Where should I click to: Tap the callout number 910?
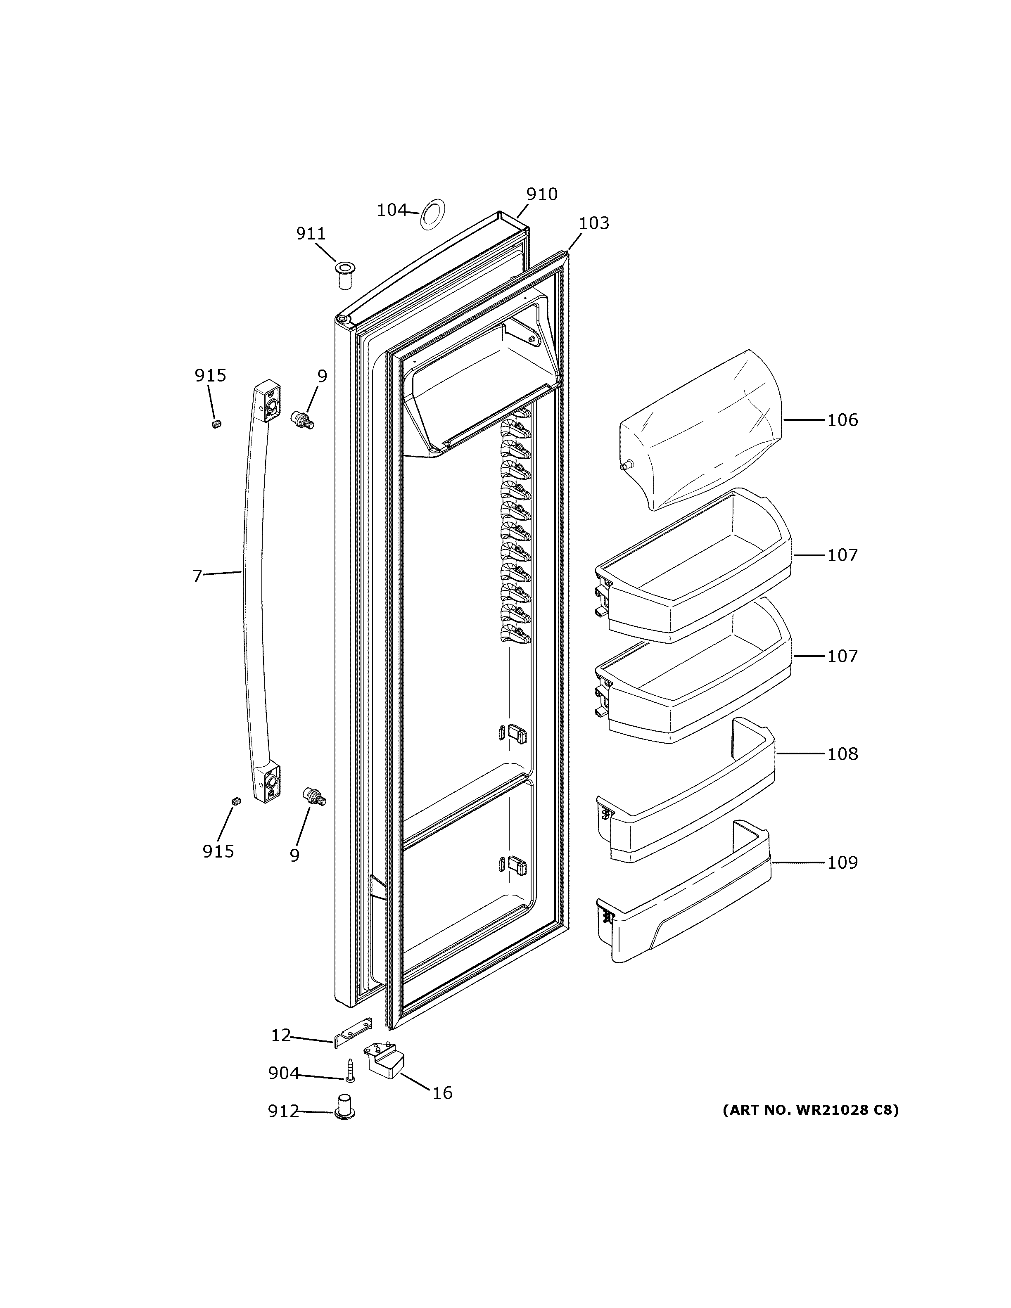(x=541, y=194)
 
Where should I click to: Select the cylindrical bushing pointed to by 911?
(x=344, y=275)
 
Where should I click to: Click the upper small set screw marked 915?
(x=217, y=424)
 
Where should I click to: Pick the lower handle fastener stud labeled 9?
(x=313, y=796)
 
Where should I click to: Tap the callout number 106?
(x=842, y=420)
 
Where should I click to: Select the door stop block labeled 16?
(x=384, y=1059)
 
